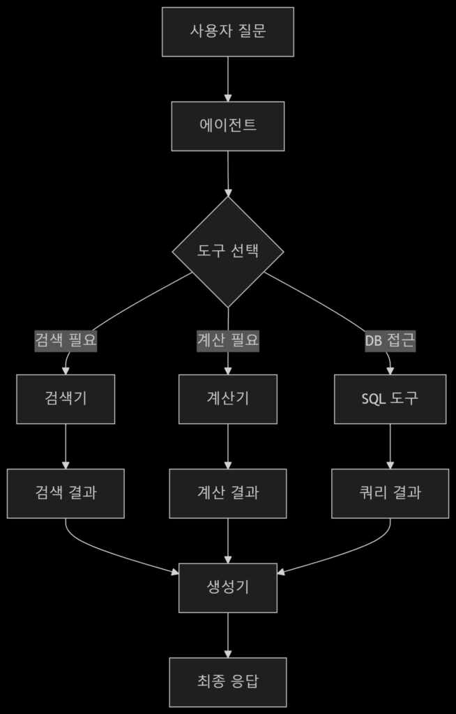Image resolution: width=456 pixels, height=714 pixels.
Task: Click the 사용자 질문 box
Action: click(x=228, y=32)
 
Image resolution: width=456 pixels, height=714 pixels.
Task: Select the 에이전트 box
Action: click(x=228, y=126)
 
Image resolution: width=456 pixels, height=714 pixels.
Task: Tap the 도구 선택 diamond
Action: click(x=228, y=252)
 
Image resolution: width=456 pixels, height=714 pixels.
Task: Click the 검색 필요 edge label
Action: click(x=66, y=340)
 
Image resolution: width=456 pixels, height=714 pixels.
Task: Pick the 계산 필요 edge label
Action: click(x=228, y=340)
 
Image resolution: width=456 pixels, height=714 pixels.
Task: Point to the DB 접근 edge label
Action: click(x=390, y=340)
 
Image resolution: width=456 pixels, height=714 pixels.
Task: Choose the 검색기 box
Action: click(x=66, y=399)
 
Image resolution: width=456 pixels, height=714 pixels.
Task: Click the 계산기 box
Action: click(x=228, y=399)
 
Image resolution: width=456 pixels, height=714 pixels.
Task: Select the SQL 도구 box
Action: click(x=390, y=399)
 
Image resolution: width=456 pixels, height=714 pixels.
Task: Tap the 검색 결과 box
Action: click(x=66, y=493)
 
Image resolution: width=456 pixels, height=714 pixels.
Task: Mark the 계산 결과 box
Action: click(x=228, y=493)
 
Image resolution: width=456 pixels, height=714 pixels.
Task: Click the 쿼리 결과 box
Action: click(x=390, y=493)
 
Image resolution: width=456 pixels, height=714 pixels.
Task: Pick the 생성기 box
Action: click(x=228, y=588)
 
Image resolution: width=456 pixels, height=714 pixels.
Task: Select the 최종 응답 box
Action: click(x=228, y=682)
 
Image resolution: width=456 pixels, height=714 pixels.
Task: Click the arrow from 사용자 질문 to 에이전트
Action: click(x=228, y=79)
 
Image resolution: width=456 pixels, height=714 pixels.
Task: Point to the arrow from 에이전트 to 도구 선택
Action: click(x=228, y=174)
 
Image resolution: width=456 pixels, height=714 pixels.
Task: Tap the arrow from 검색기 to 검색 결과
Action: click(x=66, y=446)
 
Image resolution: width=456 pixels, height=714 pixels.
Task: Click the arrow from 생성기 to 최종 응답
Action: click(x=228, y=635)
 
